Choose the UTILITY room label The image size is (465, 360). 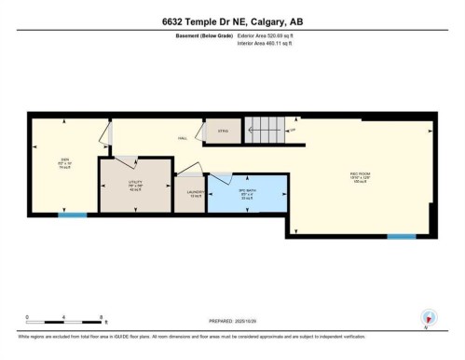[x=135, y=185]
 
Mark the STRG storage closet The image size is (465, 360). [x=223, y=132]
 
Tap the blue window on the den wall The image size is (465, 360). [x=72, y=215]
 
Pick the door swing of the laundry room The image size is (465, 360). [x=189, y=171]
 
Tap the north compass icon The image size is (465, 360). [x=428, y=317]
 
